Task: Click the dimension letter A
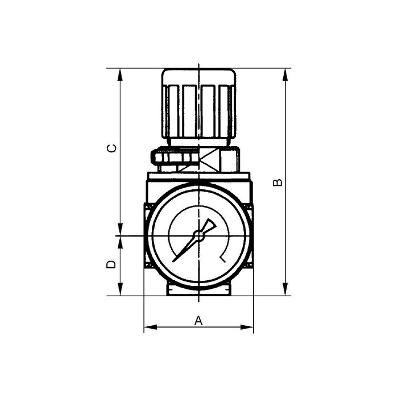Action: [198, 321]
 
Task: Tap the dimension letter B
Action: [277, 182]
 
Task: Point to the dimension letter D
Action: [113, 264]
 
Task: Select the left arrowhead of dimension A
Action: [148, 327]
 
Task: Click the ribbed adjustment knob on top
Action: [198, 105]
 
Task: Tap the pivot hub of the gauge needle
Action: [198, 235]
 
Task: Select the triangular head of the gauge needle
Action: [210, 225]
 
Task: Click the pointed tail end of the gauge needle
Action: [175, 260]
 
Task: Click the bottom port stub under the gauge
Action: [198, 289]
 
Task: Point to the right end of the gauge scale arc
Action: [222, 259]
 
